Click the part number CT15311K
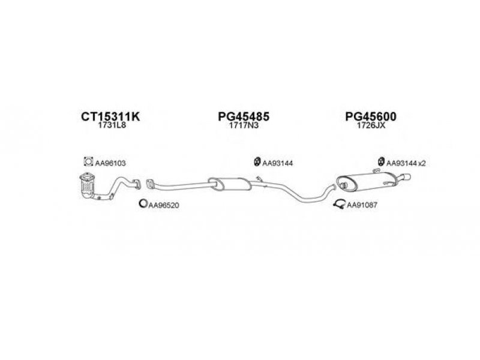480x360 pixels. click(x=110, y=116)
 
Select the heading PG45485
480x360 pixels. click(x=244, y=116)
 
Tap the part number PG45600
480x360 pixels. click(x=370, y=116)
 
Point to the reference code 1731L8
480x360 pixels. click(x=112, y=125)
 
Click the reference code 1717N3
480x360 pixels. click(x=244, y=125)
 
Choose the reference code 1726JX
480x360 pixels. click(x=371, y=125)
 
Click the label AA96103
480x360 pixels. click(x=110, y=163)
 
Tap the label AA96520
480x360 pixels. click(x=163, y=205)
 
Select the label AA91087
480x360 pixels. click(x=362, y=205)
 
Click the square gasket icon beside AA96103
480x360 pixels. click(x=88, y=161)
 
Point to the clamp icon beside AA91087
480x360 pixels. click(x=339, y=204)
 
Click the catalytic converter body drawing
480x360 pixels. click(x=87, y=186)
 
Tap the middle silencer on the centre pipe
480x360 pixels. click(x=230, y=184)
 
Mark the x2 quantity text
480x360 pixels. click(x=422, y=163)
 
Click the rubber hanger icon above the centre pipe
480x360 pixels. click(x=257, y=161)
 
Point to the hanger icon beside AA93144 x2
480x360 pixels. click(x=381, y=161)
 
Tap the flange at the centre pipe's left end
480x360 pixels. click(x=150, y=184)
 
